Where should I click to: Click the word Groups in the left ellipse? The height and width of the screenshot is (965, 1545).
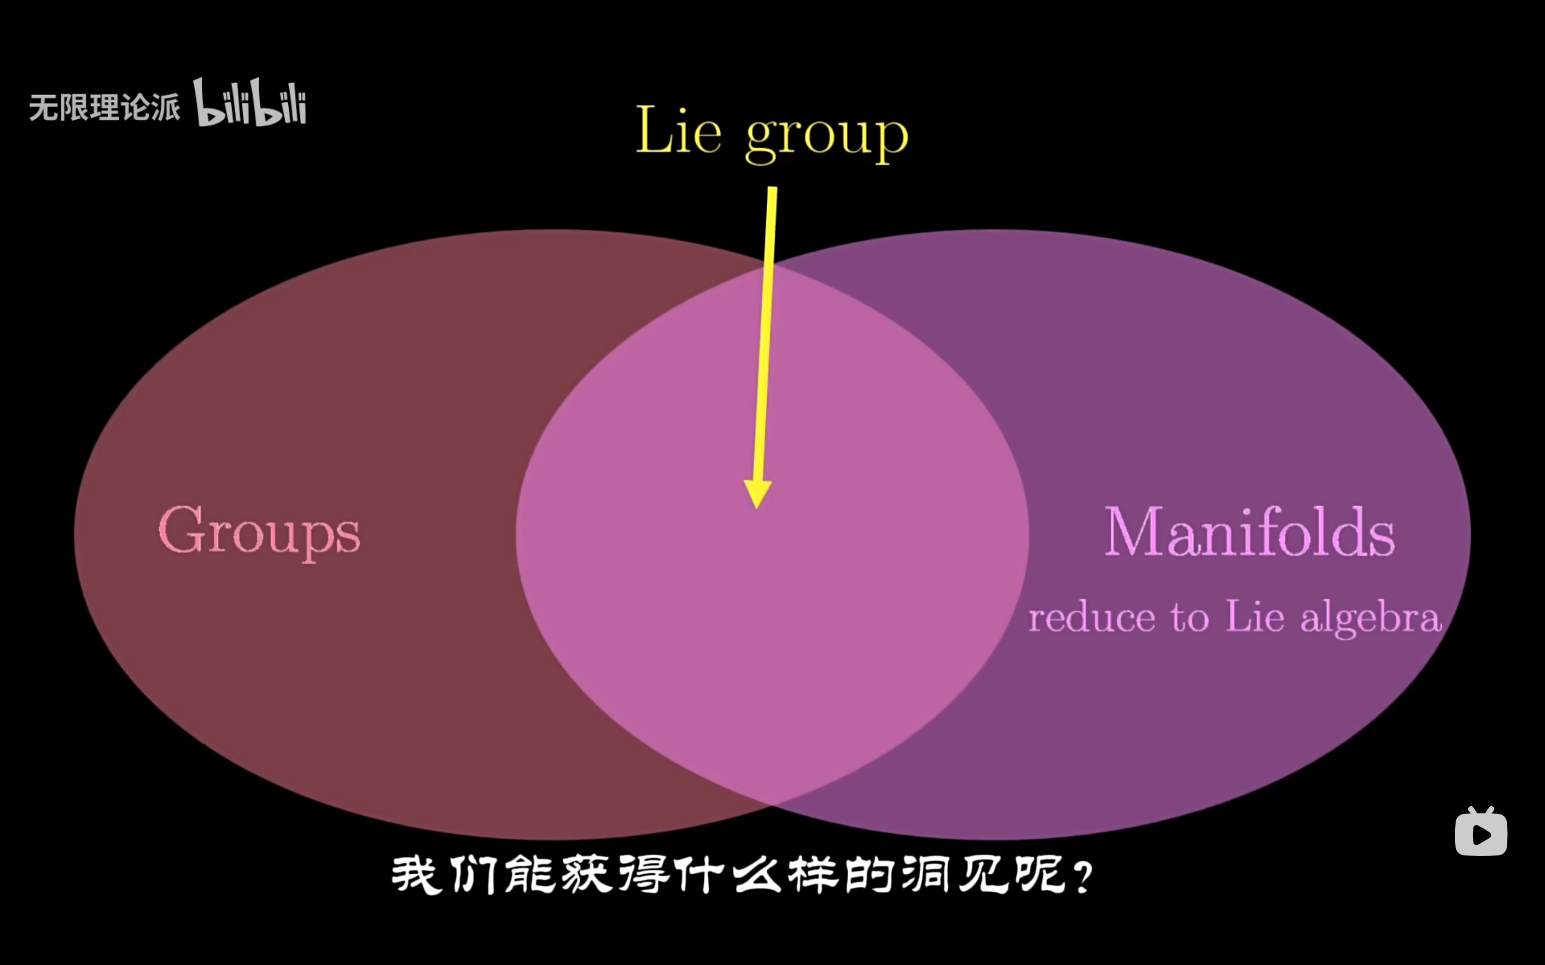tap(259, 532)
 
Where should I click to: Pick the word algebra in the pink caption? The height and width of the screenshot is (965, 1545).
tap(1371, 618)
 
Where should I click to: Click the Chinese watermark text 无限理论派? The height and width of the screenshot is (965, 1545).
tap(104, 107)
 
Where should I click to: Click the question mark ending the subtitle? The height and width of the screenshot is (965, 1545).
tap(1084, 877)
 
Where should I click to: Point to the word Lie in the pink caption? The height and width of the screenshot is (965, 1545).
tap(1254, 617)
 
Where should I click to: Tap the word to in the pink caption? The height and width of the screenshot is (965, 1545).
tap(1189, 618)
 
